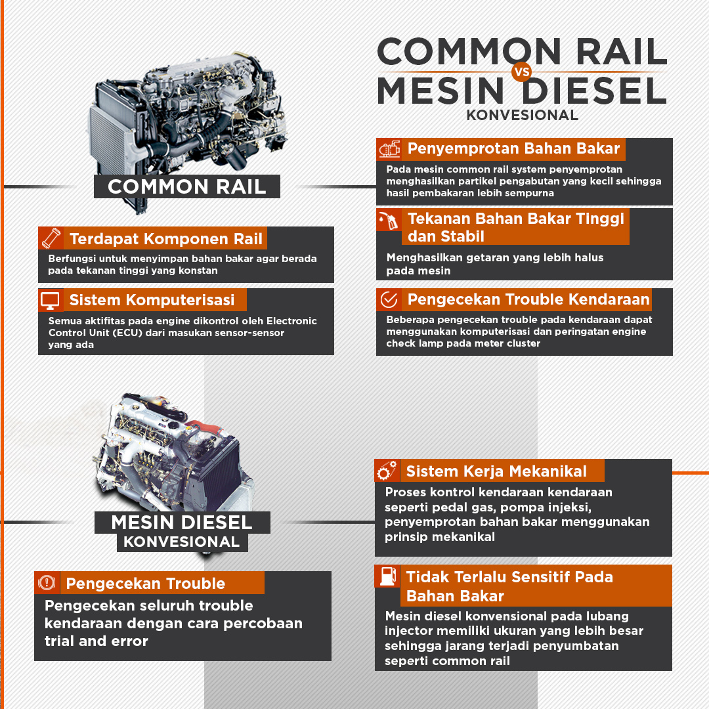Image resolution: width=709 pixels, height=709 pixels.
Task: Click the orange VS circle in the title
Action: [521, 72]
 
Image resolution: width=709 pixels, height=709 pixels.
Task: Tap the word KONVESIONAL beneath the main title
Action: [523, 115]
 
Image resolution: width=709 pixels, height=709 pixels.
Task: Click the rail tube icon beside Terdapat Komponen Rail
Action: [51, 238]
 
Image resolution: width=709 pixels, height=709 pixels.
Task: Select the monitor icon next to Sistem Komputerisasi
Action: [50, 300]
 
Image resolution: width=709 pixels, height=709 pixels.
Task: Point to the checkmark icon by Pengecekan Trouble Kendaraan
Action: [389, 299]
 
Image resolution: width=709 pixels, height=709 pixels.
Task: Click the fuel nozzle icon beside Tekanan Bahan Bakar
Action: [388, 220]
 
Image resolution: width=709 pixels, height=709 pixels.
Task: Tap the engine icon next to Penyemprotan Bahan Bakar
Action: [389, 149]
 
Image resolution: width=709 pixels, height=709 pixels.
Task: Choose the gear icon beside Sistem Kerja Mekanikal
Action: [387, 470]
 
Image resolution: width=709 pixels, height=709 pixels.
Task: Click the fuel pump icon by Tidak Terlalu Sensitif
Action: [388, 576]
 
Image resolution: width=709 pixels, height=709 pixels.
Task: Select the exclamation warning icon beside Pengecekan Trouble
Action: [47, 582]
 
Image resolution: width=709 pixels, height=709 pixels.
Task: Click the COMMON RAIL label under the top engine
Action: [186, 186]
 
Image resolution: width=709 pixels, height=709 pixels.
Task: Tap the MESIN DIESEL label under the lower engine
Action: [182, 523]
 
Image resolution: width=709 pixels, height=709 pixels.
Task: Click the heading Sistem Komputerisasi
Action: [152, 300]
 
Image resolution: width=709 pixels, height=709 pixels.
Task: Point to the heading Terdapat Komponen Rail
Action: [166, 238]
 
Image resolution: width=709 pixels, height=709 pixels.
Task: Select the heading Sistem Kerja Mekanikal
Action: [496, 471]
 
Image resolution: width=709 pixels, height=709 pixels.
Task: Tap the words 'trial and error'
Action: [97, 641]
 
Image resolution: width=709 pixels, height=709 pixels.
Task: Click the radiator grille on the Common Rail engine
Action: [108, 136]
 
